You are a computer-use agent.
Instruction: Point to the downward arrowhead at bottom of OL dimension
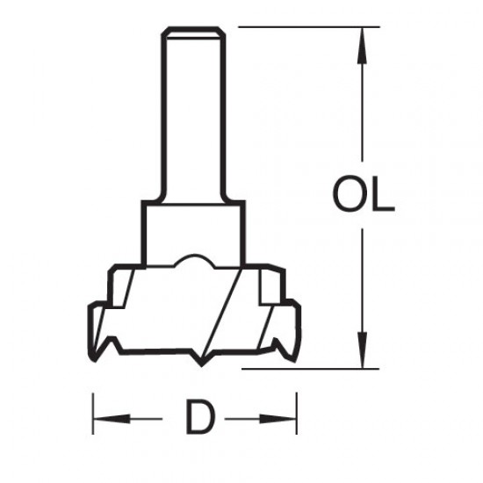360,353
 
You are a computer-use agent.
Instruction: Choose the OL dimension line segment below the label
360,281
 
